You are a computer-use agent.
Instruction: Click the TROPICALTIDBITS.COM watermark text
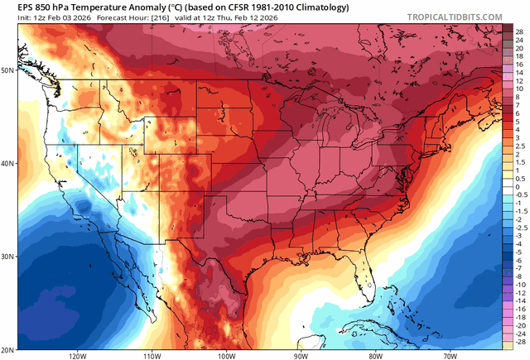tap(466, 16)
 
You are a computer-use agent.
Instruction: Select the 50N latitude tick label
tap(8, 70)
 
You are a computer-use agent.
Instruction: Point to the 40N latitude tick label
tap(8, 163)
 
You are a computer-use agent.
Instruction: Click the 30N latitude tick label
tap(8, 257)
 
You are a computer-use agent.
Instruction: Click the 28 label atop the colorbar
tap(518, 30)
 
